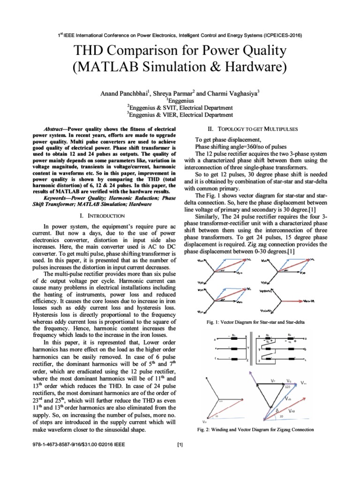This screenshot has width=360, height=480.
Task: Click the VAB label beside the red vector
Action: [292, 410]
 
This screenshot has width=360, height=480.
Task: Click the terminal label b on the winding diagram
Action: [305, 349]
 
